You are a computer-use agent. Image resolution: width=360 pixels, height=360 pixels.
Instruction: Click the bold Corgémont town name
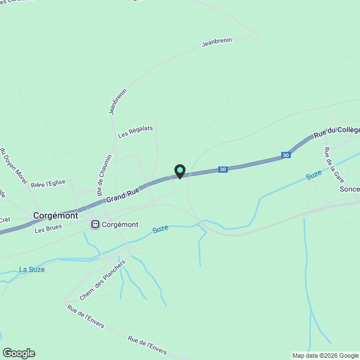(x=55, y=215)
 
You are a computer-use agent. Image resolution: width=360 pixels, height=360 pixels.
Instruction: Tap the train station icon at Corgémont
(x=96, y=224)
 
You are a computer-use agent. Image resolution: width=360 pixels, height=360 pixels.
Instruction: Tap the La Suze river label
(x=31, y=269)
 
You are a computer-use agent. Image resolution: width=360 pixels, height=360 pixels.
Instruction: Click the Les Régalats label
(x=136, y=132)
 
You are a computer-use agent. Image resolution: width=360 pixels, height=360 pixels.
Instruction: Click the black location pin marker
(x=179, y=171)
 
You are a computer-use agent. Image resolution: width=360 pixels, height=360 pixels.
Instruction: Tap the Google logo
(x=19, y=353)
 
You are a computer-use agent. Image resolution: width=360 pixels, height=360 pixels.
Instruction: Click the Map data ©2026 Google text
(x=325, y=355)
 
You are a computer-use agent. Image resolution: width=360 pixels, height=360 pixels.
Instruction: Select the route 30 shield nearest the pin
(x=223, y=169)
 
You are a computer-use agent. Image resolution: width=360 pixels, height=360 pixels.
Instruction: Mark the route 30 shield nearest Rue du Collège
(x=286, y=155)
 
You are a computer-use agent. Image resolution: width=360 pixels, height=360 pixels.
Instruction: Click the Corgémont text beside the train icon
(x=121, y=224)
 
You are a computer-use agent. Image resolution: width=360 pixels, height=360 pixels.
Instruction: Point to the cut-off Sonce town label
(x=349, y=189)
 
